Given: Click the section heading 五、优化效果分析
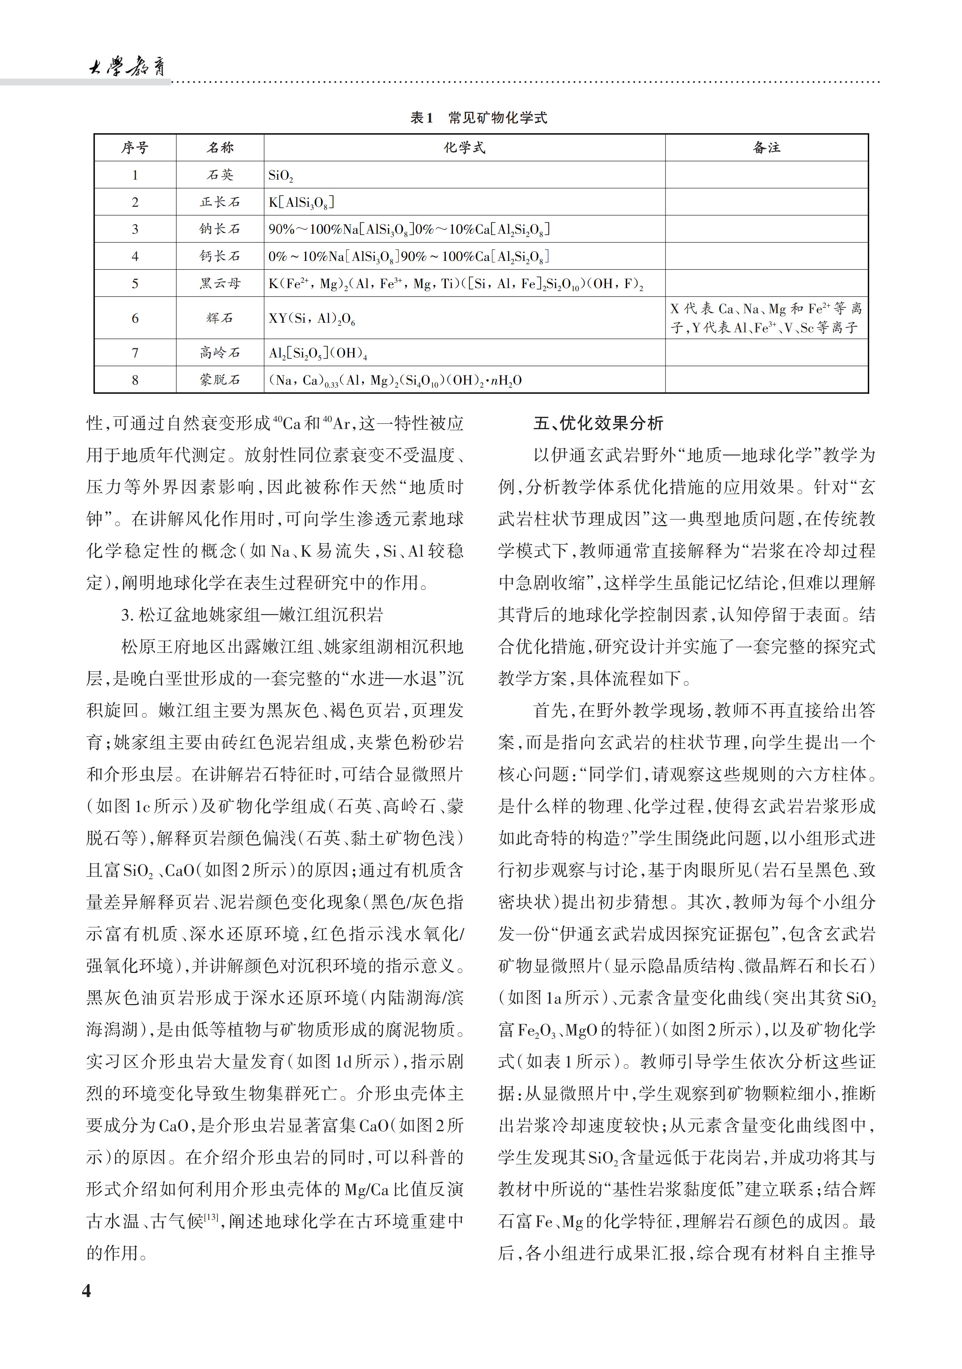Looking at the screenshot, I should tap(598, 424).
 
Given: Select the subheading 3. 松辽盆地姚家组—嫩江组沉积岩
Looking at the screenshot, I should tap(252, 615).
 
